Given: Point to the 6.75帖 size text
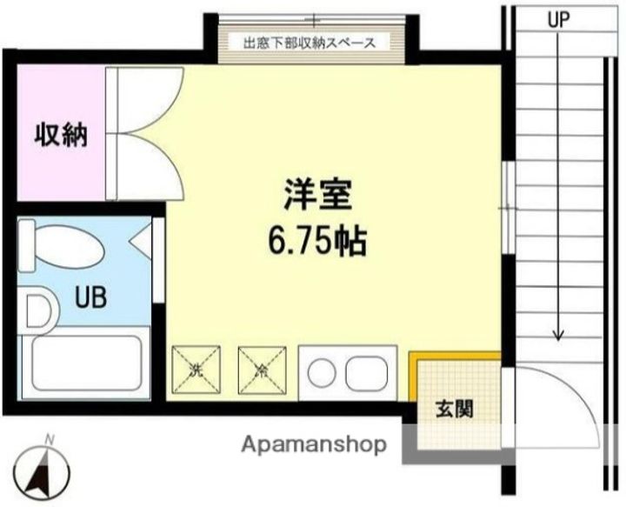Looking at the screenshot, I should click(316, 240).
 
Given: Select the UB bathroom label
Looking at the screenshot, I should click(90, 298).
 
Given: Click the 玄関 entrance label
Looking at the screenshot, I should click(454, 408).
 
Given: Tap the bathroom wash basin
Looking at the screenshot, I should click(37, 310).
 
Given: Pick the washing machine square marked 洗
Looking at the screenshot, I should click(196, 370).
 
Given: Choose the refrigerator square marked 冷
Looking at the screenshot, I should click(262, 370).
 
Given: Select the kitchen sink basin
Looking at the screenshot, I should click(363, 375).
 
